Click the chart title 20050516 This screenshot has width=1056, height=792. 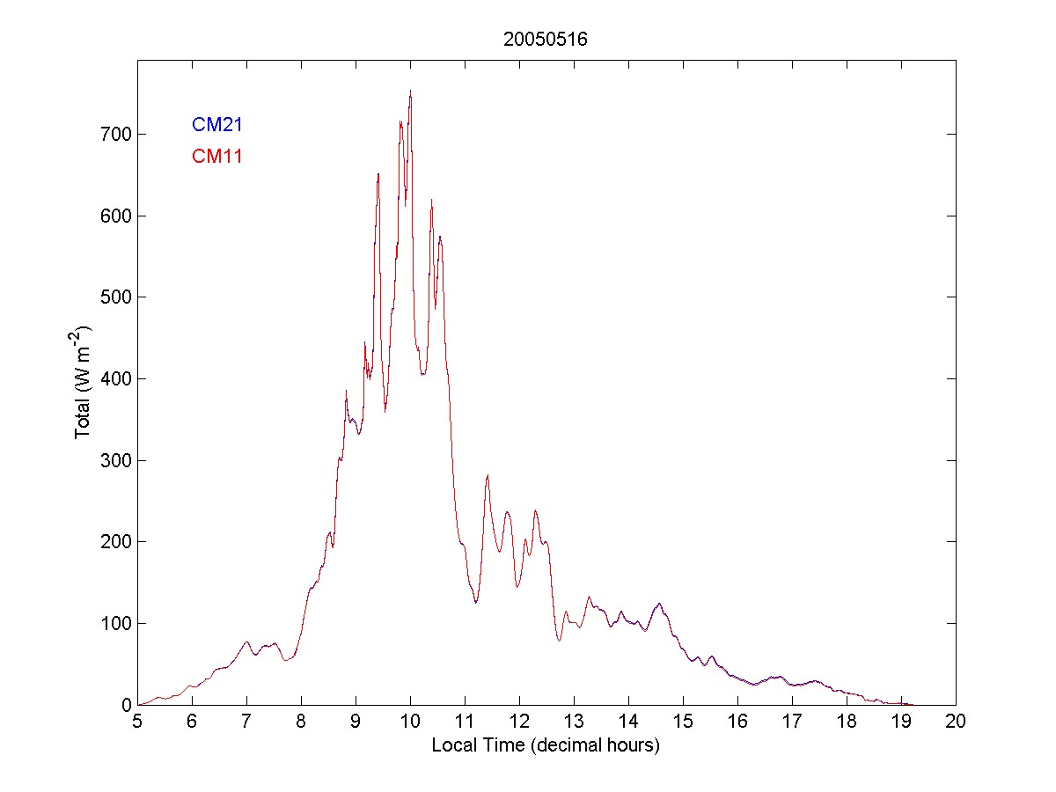coord(546,40)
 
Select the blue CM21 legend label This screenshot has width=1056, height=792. coord(216,125)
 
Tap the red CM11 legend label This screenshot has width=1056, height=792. coord(216,157)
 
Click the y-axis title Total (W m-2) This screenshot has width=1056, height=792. coord(84,382)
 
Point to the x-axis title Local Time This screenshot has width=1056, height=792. coord(546,745)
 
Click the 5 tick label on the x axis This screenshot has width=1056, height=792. coord(137,722)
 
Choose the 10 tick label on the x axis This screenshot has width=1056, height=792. coord(410,722)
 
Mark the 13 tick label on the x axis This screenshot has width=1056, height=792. coord(574,722)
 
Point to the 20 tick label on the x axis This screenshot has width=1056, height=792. coord(956,722)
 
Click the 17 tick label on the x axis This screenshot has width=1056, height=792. coord(792,722)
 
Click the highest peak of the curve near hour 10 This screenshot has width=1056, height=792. coord(410,91)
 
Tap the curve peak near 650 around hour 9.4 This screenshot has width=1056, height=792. coord(378,174)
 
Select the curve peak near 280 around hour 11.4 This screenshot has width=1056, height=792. coord(488,475)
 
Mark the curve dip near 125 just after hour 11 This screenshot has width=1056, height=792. coord(476,602)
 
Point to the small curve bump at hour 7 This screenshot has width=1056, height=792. coord(246,642)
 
